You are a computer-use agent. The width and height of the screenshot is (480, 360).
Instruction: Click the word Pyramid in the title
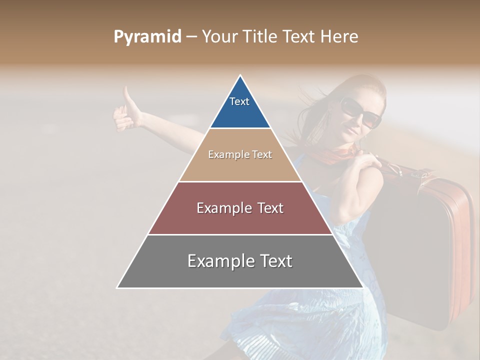coord(147,37)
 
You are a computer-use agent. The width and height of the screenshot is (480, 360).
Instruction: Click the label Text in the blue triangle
coord(239,101)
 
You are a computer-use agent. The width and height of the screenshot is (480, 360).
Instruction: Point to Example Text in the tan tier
coord(240,154)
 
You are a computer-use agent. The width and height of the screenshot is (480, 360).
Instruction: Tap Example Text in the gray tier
coord(240,261)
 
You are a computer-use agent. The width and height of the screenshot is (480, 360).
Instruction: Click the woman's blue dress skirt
coord(310,320)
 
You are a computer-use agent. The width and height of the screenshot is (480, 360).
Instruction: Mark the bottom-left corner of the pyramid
coord(118,287)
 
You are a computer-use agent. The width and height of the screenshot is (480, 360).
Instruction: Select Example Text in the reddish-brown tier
coord(240,208)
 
